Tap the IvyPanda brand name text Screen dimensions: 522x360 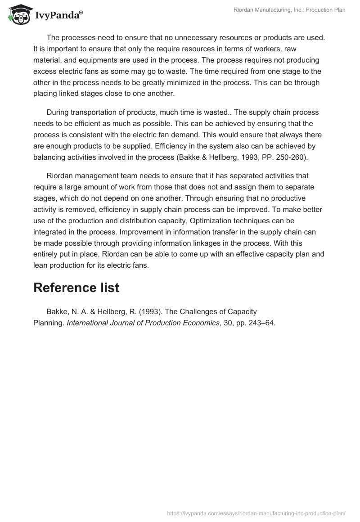[x=58, y=16]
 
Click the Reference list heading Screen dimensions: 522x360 [x=76, y=288]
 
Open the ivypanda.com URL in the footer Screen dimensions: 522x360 [x=256, y=513]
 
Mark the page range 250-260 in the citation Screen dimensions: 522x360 [x=288, y=157]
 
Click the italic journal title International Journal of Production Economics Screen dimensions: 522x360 [x=143, y=322]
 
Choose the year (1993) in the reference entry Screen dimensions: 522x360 [x=150, y=311]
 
